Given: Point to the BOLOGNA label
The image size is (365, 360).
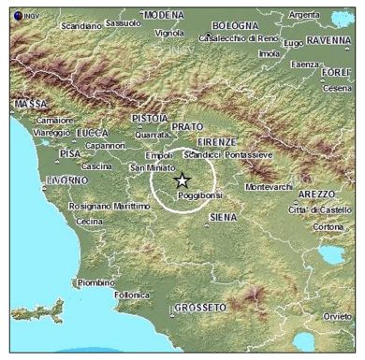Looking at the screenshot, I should pyautogui.click(x=234, y=25).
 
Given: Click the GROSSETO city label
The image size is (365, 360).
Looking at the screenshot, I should pyautogui.click(x=200, y=307).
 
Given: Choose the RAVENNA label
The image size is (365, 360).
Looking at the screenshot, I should pyautogui.click(x=328, y=40).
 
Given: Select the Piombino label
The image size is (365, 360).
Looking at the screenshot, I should pyautogui.click(x=95, y=281).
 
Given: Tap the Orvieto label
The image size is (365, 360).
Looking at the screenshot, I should pyautogui.click(x=337, y=317).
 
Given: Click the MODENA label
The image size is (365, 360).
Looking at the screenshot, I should pyautogui.click(x=164, y=15).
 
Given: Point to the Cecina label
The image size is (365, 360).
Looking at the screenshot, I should pyautogui.click(x=90, y=221).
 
